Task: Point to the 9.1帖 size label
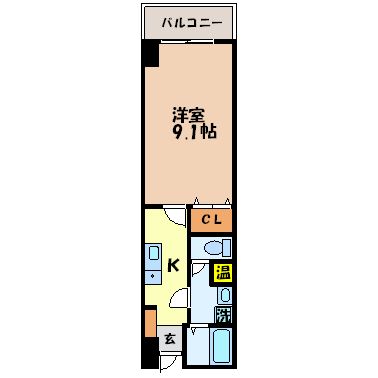point(193,131)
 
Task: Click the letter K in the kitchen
point(173,265)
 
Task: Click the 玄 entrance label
point(170,340)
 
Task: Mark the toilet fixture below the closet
point(214,247)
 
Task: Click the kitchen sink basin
point(152,250)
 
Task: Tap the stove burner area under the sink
point(152,273)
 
